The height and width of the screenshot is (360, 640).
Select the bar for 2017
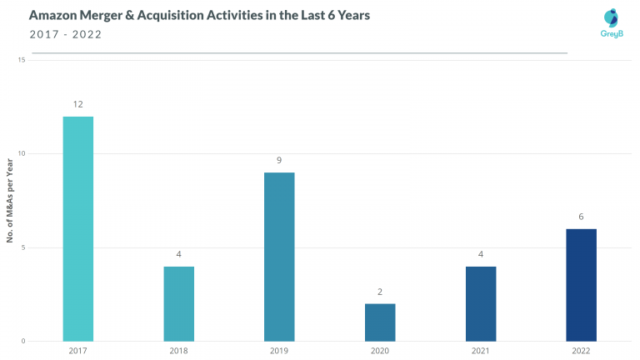[x=78, y=228]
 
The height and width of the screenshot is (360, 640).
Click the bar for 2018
[x=179, y=303]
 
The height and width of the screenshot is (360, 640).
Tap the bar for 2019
[x=279, y=257]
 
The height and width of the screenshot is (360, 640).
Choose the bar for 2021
[x=481, y=303]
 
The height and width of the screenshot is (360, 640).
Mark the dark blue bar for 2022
[x=581, y=284]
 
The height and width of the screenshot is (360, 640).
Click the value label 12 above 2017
[x=78, y=104]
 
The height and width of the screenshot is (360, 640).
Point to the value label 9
[x=279, y=160]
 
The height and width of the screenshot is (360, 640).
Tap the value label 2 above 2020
[x=380, y=292]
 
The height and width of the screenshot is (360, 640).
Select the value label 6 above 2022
[x=581, y=217]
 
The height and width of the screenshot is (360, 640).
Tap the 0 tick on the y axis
[x=23, y=341]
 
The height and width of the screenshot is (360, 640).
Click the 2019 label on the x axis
[x=279, y=352]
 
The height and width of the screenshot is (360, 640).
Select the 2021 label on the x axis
[x=481, y=352]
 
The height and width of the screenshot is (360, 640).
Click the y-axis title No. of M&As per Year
[x=9, y=201]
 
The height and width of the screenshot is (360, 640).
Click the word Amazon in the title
[x=53, y=16]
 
